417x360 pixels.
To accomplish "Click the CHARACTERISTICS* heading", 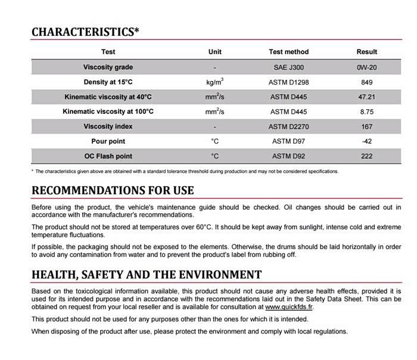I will pyautogui.click(x=85, y=32).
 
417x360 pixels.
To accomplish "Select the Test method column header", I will pyautogui.click(x=288, y=52).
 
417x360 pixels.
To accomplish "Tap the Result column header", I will pyautogui.click(x=366, y=52).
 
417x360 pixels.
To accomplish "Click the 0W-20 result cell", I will pyautogui.click(x=366, y=67).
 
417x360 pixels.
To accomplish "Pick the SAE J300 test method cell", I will pyautogui.click(x=288, y=67).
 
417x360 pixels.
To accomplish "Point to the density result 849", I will pyautogui.click(x=366, y=82).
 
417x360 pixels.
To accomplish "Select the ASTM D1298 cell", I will pyautogui.click(x=288, y=82).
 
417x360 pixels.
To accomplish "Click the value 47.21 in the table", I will pyautogui.click(x=366, y=97).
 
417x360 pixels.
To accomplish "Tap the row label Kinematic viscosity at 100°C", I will pyautogui.click(x=108, y=111).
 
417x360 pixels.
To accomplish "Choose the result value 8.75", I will pyautogui.click(x=366, y=111).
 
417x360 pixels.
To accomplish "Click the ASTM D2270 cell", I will pyautogui.click(x=288, y=126).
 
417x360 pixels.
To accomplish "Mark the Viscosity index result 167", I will pyautogui.click(x=366, y=126).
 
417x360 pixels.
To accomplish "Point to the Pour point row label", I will pyautogui.click(x=108, y=141).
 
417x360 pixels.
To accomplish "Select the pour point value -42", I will pyautogui.click(x=366, y=141).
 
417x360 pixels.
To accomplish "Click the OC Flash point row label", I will pyautogui.click(x=108, y=156).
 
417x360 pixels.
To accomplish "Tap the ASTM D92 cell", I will pyautogui.click(x=288, y=156).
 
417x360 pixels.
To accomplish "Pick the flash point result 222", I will pyautogui.click(x=366, y=156).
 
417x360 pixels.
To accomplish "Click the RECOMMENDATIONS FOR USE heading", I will pyautogui.click(x=113, y=191).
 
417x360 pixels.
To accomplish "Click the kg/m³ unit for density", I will pyautogui.click(x=214, y=82).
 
